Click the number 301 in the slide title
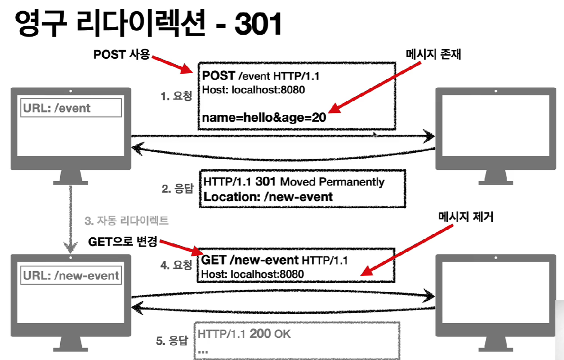(x=258, y=24)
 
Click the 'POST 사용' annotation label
(x=122, y=55)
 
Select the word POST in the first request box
(x=219, y=76)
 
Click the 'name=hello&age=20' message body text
(x=264, y=118)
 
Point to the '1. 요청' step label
(x=176, y=96)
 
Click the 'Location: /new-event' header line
(x=268, y=197)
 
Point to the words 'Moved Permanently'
(x=332, y=182)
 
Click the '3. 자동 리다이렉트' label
(x=126, y=221)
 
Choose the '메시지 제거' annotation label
(x=465, y=217)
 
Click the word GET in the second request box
(x=214, y=260)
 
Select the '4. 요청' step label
(x=176, y=265)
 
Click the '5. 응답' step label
(x=172, y=341)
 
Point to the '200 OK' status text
(x=270, y=333)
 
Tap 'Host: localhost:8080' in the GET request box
(x=253, y=274)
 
